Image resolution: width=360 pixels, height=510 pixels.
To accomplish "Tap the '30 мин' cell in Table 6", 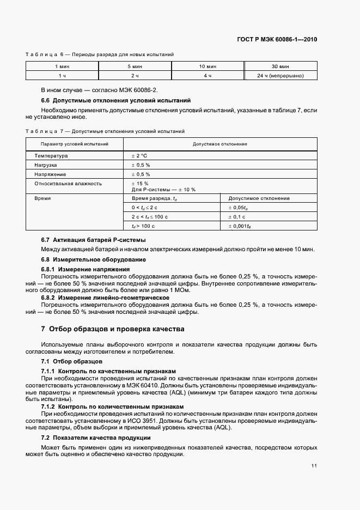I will click(280, 66).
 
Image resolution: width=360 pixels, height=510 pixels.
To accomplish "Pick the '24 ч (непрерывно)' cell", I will click(280, 76).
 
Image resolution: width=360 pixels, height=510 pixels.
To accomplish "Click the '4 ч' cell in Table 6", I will click(208, 76).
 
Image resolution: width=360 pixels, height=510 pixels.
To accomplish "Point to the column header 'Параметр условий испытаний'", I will click(75, 144).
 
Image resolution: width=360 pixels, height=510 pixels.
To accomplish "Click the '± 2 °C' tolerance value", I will click(140, 156).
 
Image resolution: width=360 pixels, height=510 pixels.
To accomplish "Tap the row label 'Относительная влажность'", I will click(68, 184).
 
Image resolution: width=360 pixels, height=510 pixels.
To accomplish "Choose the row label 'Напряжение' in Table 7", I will click(50, 174).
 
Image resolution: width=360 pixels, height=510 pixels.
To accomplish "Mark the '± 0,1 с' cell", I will click(237, 217).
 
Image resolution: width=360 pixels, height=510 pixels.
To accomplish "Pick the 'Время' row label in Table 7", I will click(42, 198).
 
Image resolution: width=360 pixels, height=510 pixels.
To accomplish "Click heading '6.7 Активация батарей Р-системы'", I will click(94, 240).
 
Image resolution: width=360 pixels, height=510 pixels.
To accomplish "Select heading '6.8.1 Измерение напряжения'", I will click(86, 269).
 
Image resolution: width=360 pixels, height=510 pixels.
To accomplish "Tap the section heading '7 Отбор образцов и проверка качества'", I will click(113, 329).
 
